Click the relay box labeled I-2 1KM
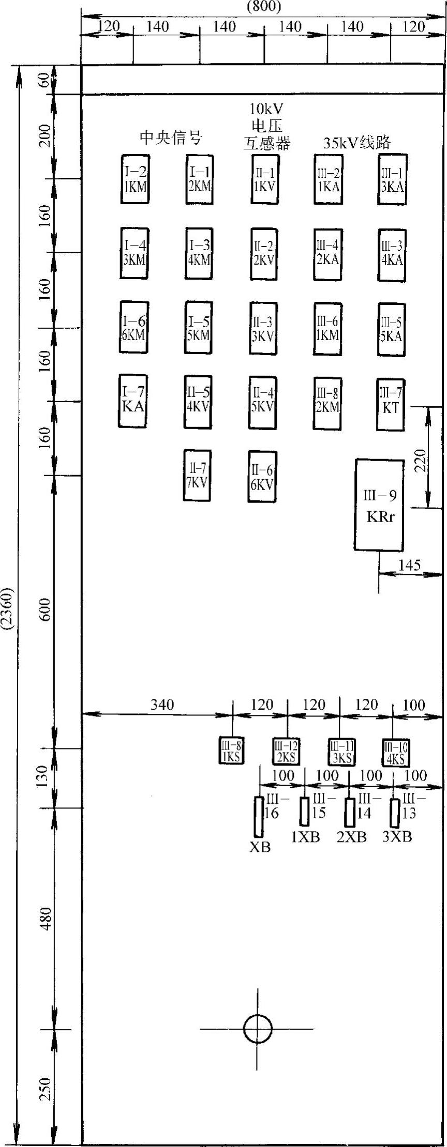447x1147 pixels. (x=135, y=179)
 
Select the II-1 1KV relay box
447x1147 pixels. (x=264, y=179)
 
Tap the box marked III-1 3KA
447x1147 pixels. (x=392, y=179)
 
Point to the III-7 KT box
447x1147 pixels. (x=391, y=404)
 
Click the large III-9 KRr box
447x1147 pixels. (x=380, y=504)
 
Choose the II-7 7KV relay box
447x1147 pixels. (x=197, y=475)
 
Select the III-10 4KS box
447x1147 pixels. (x=395, y=753)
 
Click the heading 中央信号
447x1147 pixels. (x=170, y=137)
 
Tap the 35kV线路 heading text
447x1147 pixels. (x=357, y=142)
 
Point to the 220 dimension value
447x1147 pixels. (x=421, y=460)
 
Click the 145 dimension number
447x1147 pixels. (x=409, y=564)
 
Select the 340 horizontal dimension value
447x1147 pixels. (x=162, y=704)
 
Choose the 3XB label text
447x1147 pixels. (x=397, y=837)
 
